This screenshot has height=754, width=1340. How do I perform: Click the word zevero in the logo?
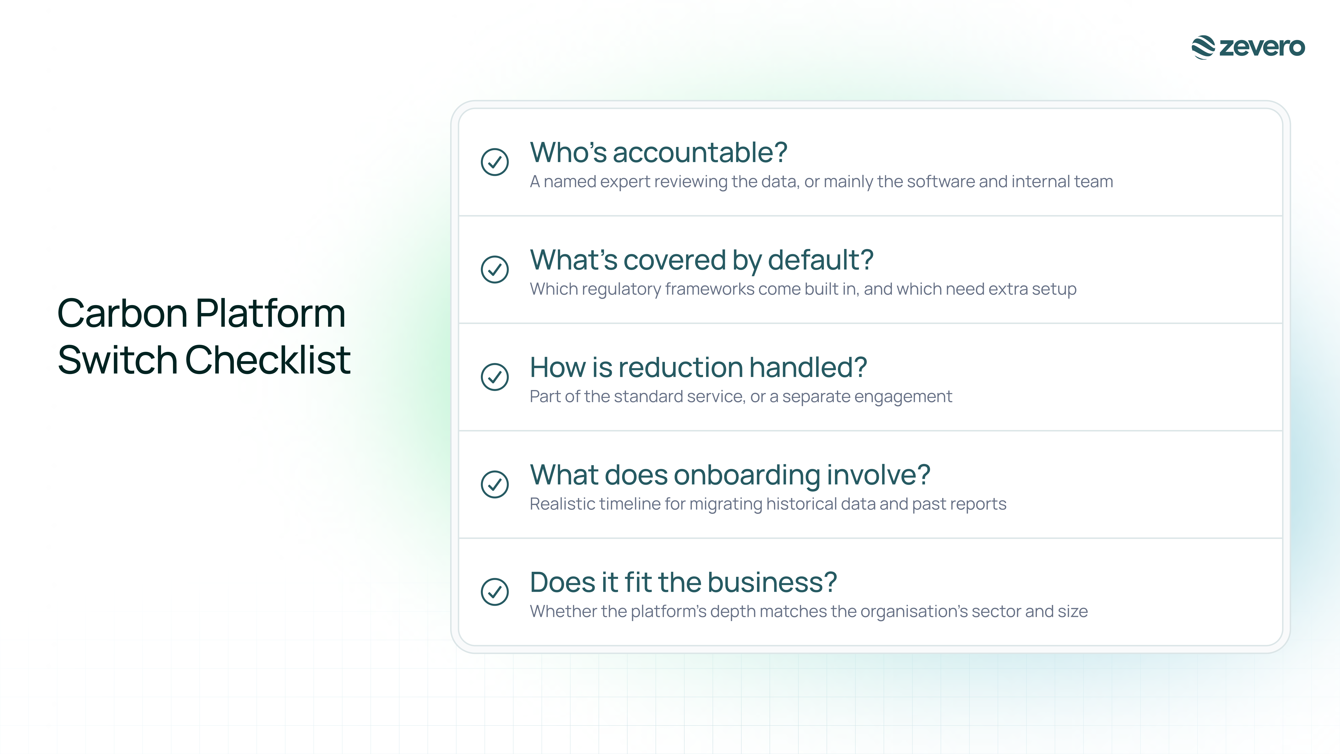(1262, 47)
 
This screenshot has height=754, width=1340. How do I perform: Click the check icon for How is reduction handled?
(495, 377)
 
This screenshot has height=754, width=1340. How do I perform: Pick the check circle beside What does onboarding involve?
(495, 485)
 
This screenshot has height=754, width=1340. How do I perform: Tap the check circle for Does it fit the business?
(495, 592)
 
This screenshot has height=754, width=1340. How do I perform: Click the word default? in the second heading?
(821, 260)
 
